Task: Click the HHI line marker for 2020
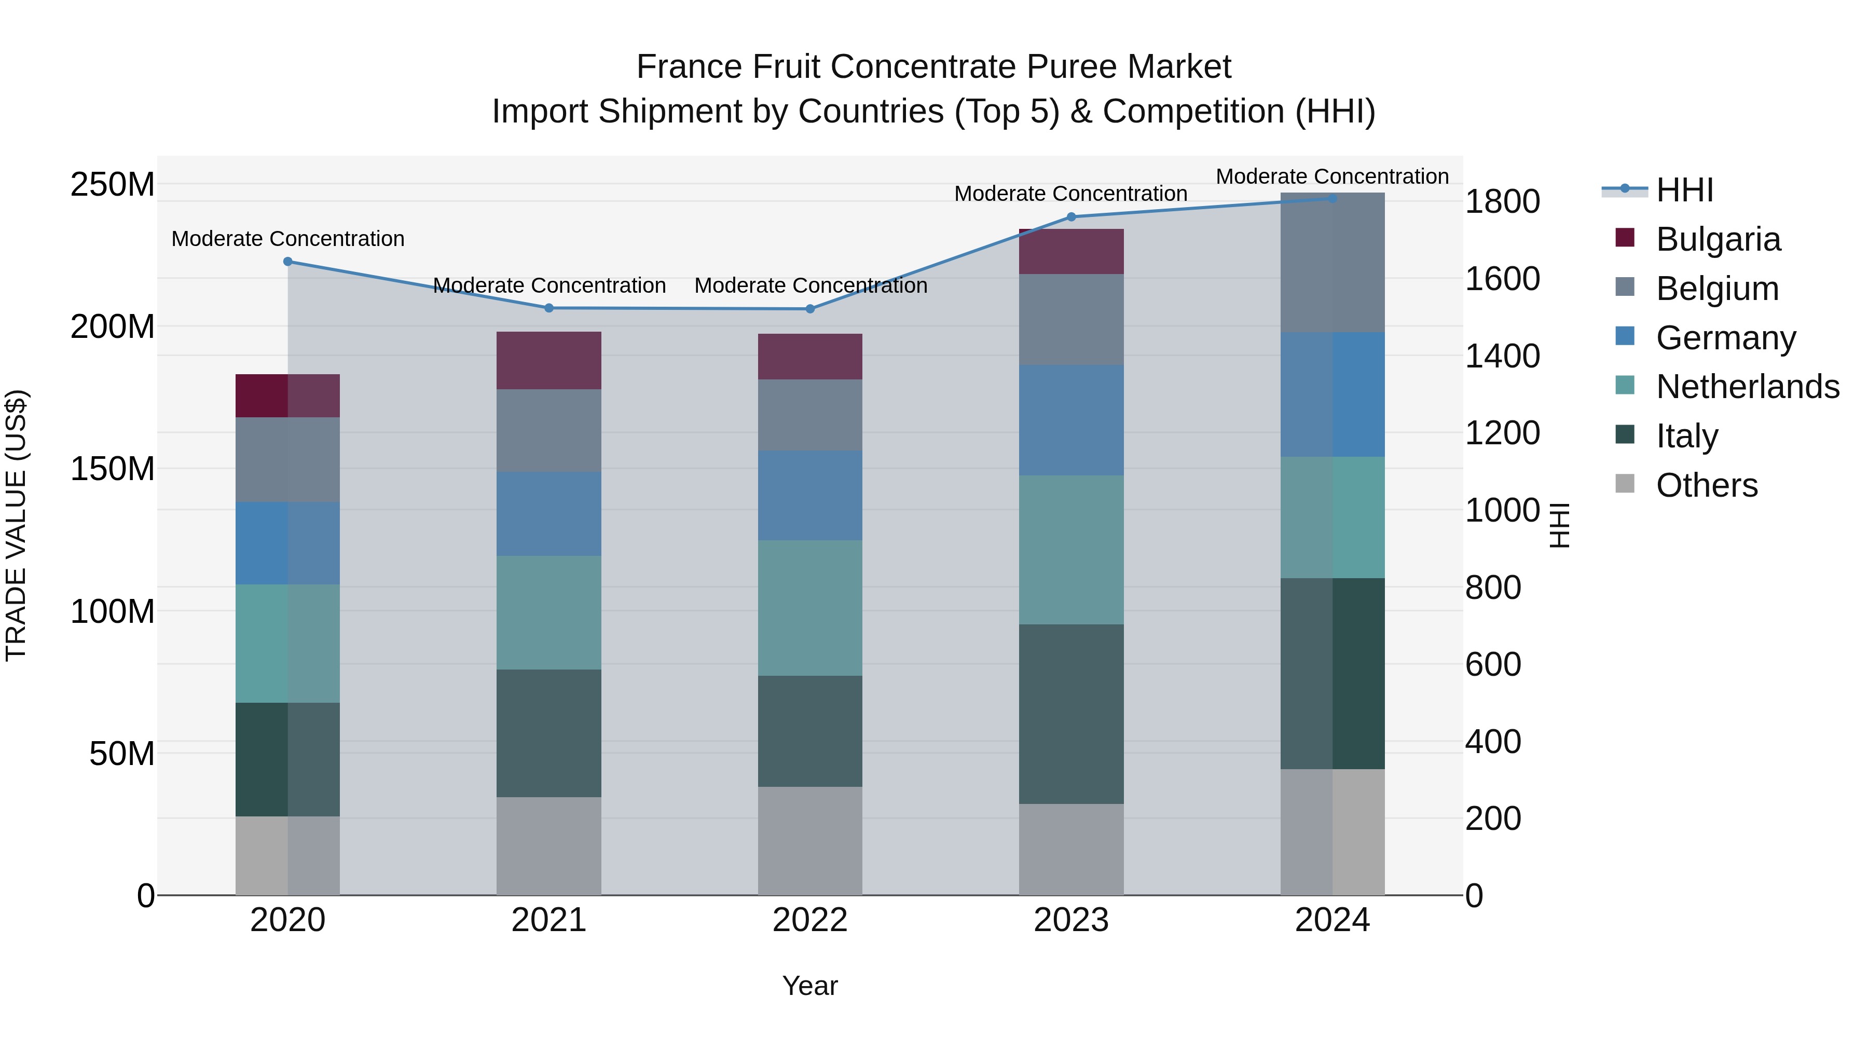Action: click(x=288, y=262)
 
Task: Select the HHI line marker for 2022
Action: click(x=810, y=309)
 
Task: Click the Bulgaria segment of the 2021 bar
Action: click(x=549, y=361)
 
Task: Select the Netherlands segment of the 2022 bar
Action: click(x=810, y=608)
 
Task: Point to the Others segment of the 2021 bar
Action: click(x=549, y=846)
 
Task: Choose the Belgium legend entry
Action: click(x=1716, y=289)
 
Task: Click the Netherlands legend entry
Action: click(x=1747, y=387)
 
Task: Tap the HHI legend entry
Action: click(x=1684, y=190)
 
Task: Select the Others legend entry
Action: click(x=1706, y=485)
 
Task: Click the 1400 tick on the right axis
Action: click(x=1502, y=356)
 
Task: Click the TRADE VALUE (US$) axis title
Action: click(x=16, y=525)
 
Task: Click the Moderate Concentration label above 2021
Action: click(x=549, y=286)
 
